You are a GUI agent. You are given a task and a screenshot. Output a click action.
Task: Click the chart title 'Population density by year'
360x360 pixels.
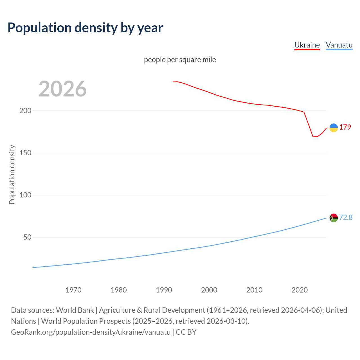click(85, 28)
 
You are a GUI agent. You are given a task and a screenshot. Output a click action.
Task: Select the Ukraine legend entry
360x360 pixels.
click(307, 45)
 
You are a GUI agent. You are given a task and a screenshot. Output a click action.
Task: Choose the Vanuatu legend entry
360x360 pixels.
click(339, 45)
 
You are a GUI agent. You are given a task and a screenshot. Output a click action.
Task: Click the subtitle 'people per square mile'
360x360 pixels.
click(180, 60)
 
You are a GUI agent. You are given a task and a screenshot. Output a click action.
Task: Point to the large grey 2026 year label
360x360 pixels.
click(62, 89)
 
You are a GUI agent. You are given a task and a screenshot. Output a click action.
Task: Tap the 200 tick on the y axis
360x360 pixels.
click(25, 111)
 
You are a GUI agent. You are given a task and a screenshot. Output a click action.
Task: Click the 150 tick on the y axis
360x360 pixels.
click(25, 153)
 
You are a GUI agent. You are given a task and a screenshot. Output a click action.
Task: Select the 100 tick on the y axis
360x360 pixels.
click(25, 195)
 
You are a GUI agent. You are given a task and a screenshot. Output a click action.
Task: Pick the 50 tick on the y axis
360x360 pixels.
click(27, 237)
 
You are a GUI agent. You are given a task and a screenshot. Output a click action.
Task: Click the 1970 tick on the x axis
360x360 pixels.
click(73, 290)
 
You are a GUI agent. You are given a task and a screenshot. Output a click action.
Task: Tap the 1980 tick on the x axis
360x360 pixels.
click(119, 290)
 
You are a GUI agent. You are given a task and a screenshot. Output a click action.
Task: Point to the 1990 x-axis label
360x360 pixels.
click(164, 290)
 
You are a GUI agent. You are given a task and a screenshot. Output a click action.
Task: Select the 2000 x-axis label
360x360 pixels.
click(209, 290)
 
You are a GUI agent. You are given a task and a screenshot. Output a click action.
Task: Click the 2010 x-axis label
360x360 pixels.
click(254, 290)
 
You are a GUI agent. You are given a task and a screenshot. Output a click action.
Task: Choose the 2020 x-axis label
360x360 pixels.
click(300, 290)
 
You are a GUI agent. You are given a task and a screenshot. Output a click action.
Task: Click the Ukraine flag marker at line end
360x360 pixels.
click(334, 128)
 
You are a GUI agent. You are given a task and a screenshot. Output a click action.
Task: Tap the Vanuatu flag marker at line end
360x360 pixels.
click(334, 218)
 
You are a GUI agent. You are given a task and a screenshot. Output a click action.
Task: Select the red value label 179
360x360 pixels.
click(345, 127)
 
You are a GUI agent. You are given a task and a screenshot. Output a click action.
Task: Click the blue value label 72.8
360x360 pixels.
click(346, 217)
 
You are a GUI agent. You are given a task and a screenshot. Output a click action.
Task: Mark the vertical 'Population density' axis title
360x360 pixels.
click(12, 174)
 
